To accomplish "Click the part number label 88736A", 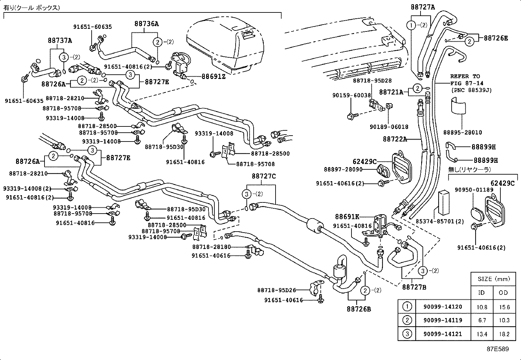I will pyautogui.click(x=146, y=24).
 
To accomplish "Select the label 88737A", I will pyautogui.click(x=60, y=41).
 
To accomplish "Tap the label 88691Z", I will pyautogui.click(x=213, y=76).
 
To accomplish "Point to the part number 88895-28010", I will pyautogui.click(x=462, y=132).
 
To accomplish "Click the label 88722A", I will pyautogui.click(x=395, y=139).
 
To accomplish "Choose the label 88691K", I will pyautogui.click(x=347, y=217).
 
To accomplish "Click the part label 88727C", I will pyautogui.click(x=263, y=177).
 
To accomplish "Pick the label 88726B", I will pyautogui.click(x=359, y=309).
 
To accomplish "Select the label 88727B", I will pyautogui.click(x=414, y=287).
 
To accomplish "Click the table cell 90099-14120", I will pyautogui.click(x=442, y=307).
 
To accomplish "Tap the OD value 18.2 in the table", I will pyautogui.click(x=504, y=334).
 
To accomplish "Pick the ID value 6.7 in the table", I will pyautogui.click(x=482, y=320).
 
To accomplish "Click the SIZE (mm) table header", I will pyautogui.click(x=494, y=279).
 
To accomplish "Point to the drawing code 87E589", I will pyautogui.click(x=497, y=349).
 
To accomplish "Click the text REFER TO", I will pyautogui.click(x=465, y=76).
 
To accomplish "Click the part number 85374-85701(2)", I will pyautogui.click(x=440, y=221).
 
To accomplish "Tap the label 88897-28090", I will pyautogui.click(x=343, y=169).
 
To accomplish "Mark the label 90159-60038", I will pyautogui.click(x=351, y=95).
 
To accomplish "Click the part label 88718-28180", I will pyautogui.click(x=211, y=247).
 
